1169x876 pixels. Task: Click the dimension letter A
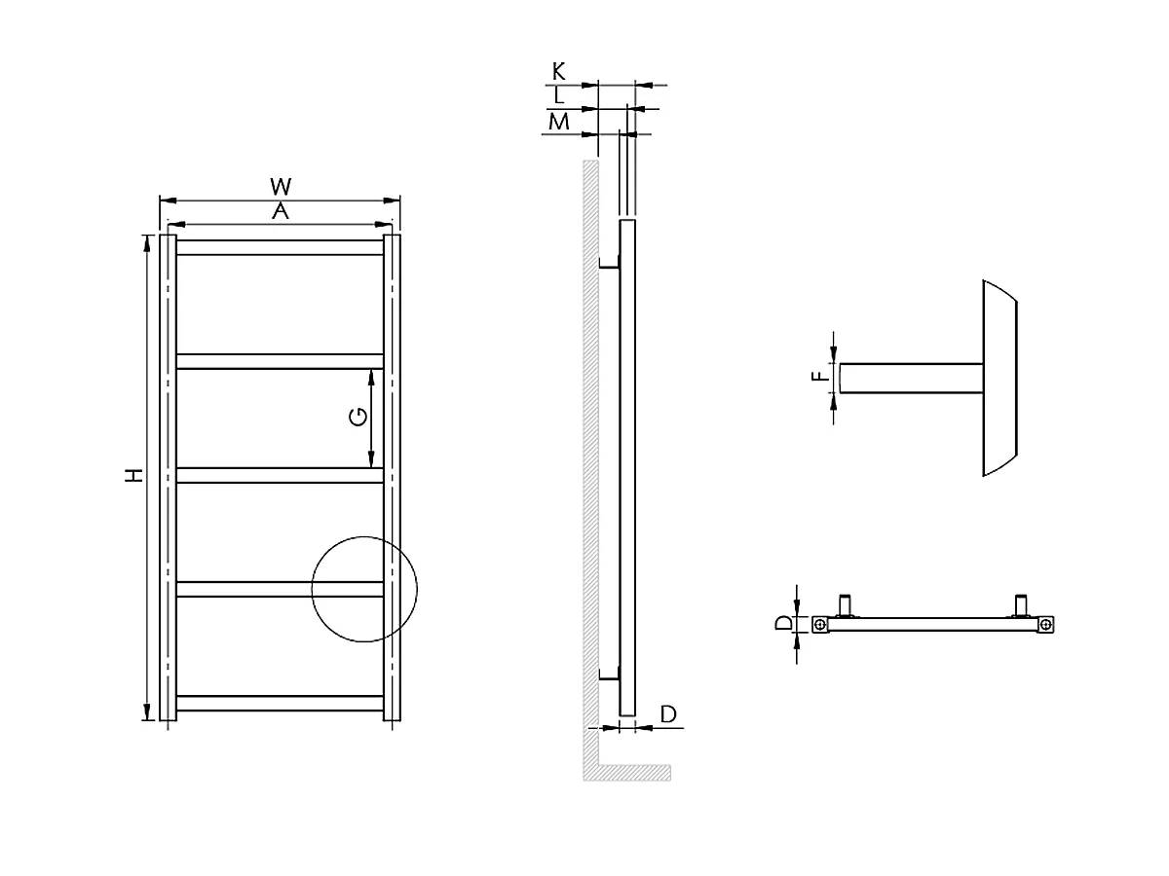coord(281,211)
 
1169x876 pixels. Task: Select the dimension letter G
coord(358,418)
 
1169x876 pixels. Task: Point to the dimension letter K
coord(558,71)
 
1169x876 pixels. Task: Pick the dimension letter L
coord(558,95)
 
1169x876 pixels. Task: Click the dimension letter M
coord(558,122)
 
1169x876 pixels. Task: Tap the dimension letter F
coord(820,375)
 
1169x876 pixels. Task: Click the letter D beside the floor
coord(669,714)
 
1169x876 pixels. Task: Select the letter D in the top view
coord(783,623)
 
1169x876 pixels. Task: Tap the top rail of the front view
coord(281,247)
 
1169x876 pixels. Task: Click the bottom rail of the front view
coord(281,703)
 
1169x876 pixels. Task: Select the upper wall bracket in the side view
coord(609,265)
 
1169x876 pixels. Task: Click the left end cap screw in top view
coord(821,624)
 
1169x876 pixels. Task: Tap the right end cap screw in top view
coord(1045,624)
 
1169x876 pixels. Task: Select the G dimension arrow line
coord(372,418)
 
